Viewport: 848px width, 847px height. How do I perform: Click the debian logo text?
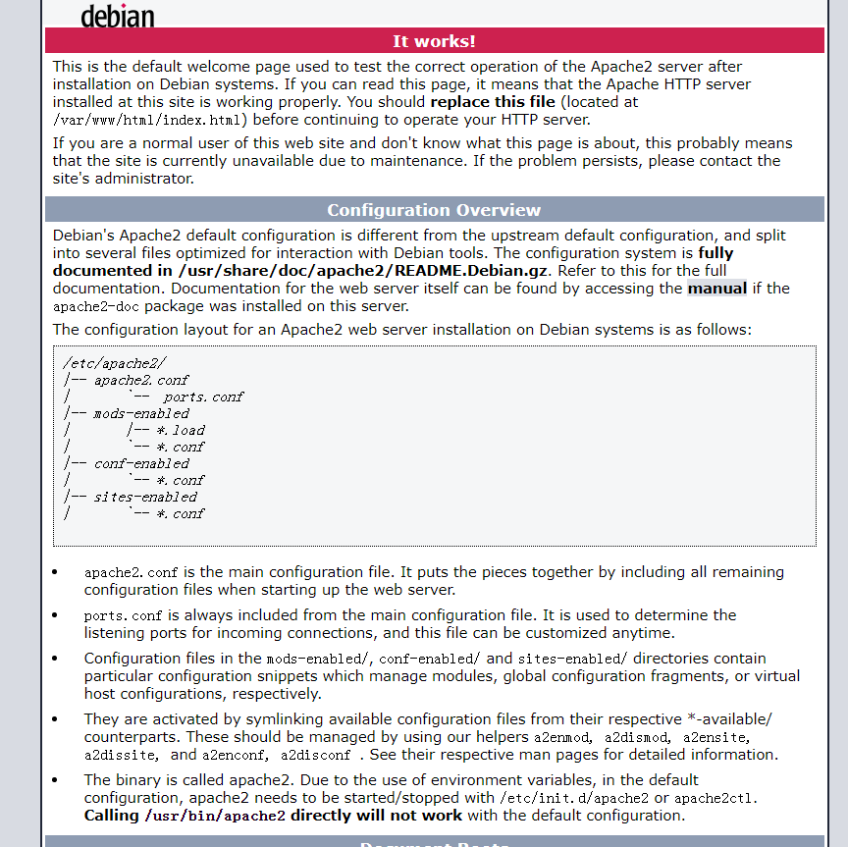pos(117,15)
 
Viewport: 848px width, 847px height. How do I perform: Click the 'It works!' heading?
pos(434,41)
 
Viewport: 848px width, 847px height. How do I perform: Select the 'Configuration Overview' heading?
pos(434,210)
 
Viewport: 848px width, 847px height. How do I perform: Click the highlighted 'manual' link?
pos(716,289)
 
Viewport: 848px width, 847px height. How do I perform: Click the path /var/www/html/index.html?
pos(148,120)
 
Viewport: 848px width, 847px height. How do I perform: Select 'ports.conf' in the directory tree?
pos(203,397)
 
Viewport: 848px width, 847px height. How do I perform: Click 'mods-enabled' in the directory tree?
pos(141,413)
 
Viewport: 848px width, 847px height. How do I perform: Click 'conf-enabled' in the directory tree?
pos(141,463)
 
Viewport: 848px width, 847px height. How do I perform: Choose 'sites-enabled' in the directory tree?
pos(145,497)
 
